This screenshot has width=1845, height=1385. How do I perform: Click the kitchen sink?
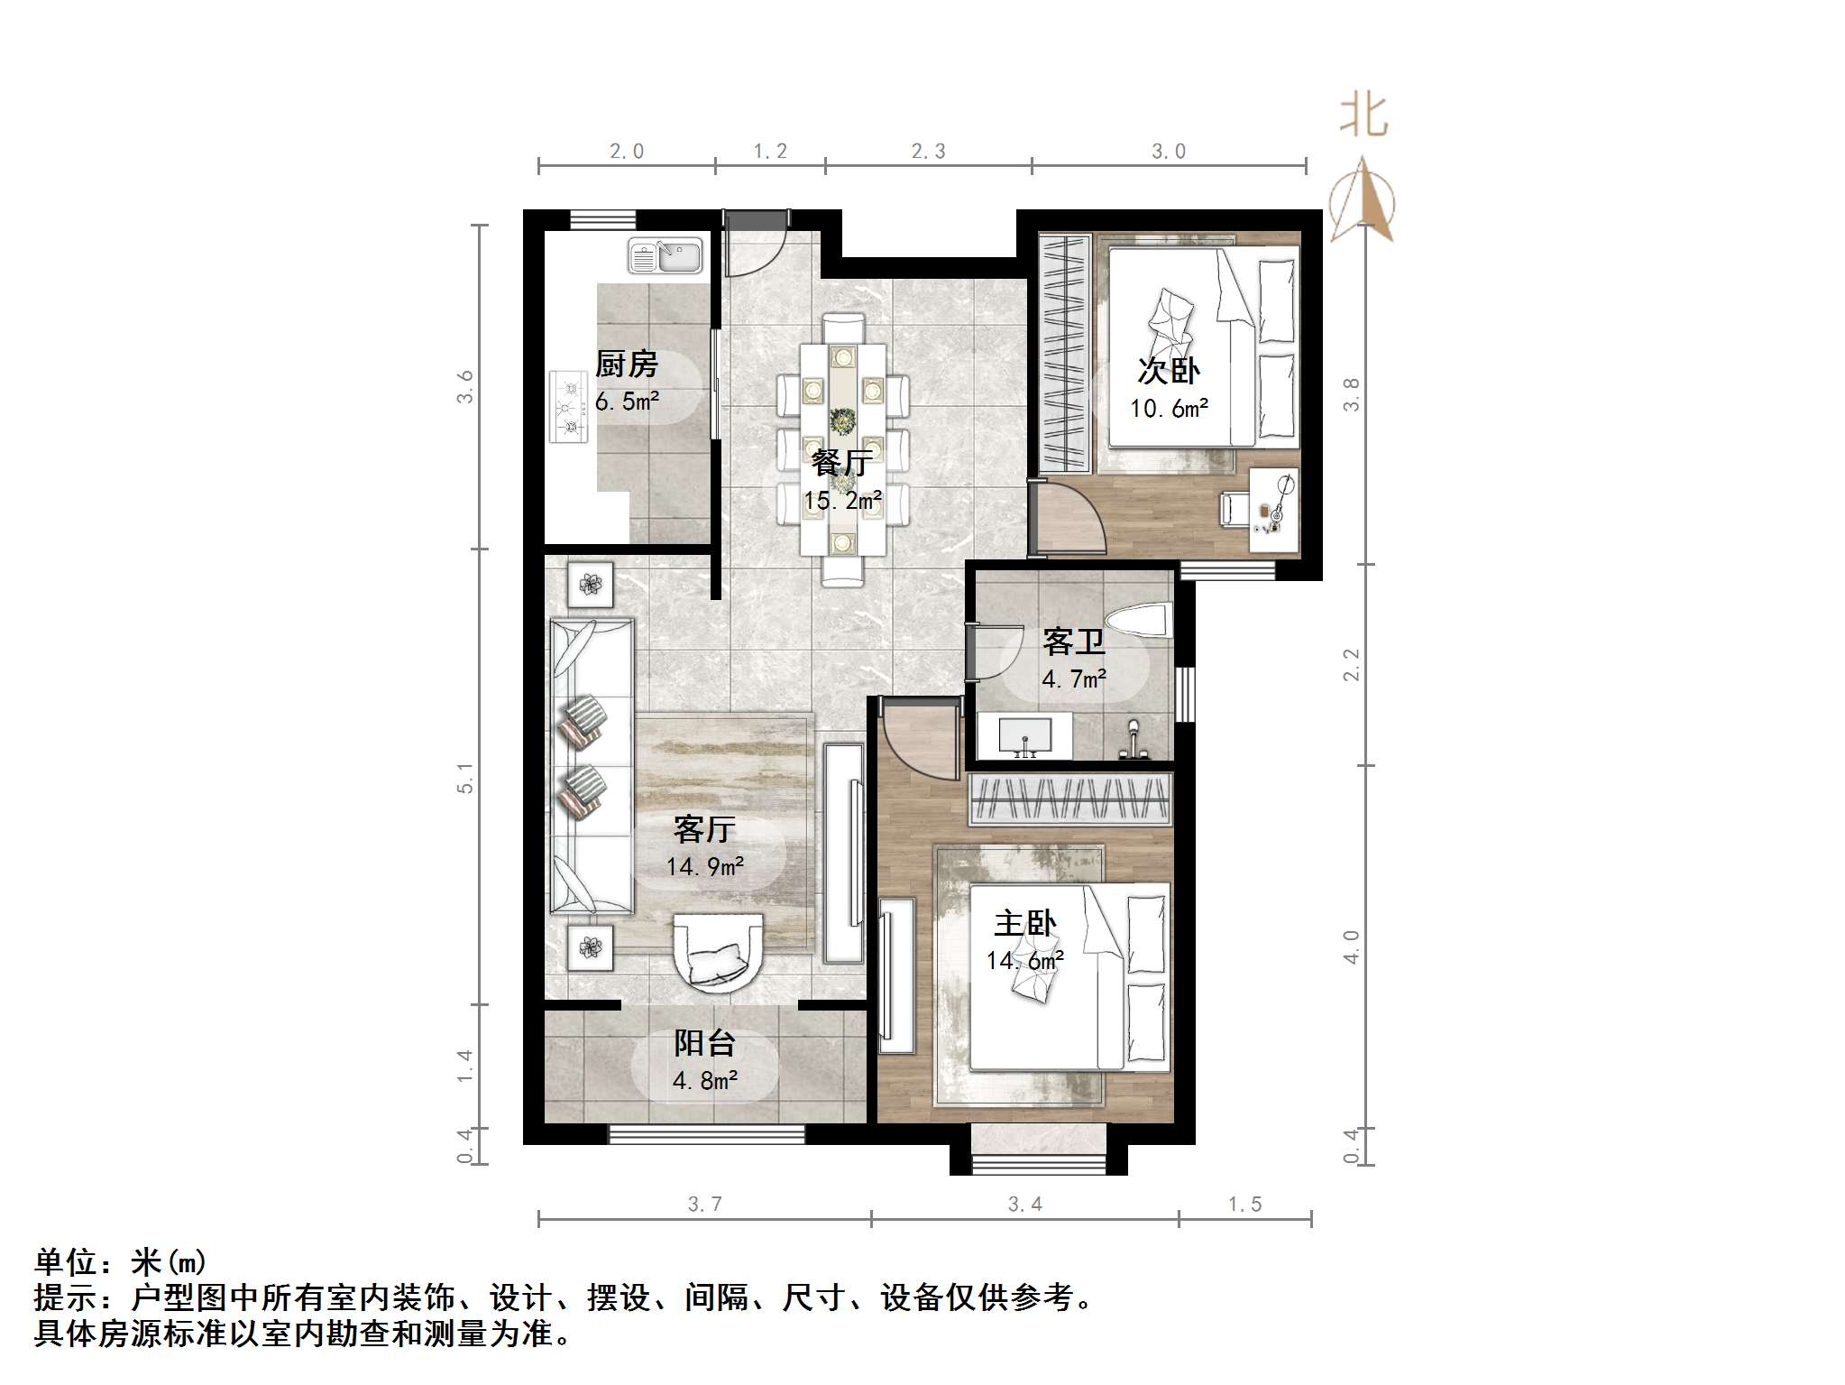pos(665,255)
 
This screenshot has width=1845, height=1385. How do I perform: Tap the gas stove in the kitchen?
pos(568,407)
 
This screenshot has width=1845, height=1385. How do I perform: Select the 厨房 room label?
pos(626,365)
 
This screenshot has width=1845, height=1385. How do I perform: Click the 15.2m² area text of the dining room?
pos(842,500)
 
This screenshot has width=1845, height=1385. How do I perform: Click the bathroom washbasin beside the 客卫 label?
pos(1025,735)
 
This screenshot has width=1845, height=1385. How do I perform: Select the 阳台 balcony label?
pos(704,1043)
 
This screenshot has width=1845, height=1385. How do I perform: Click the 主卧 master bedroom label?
pos(1024,924)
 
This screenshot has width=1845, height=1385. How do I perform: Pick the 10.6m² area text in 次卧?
pos(1169,409)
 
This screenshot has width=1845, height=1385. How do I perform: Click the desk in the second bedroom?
pos(1274,510)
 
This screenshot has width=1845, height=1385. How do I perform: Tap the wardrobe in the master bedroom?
pos(1070,799)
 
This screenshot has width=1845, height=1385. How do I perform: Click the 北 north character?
pos(1363,117)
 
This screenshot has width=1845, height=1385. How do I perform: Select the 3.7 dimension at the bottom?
pos(704,1204)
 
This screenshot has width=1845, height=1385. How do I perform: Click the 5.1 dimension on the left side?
pos(464,777)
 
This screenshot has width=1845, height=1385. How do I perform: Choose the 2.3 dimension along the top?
pos(928,152)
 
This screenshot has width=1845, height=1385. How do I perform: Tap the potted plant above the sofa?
pos(590,585)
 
